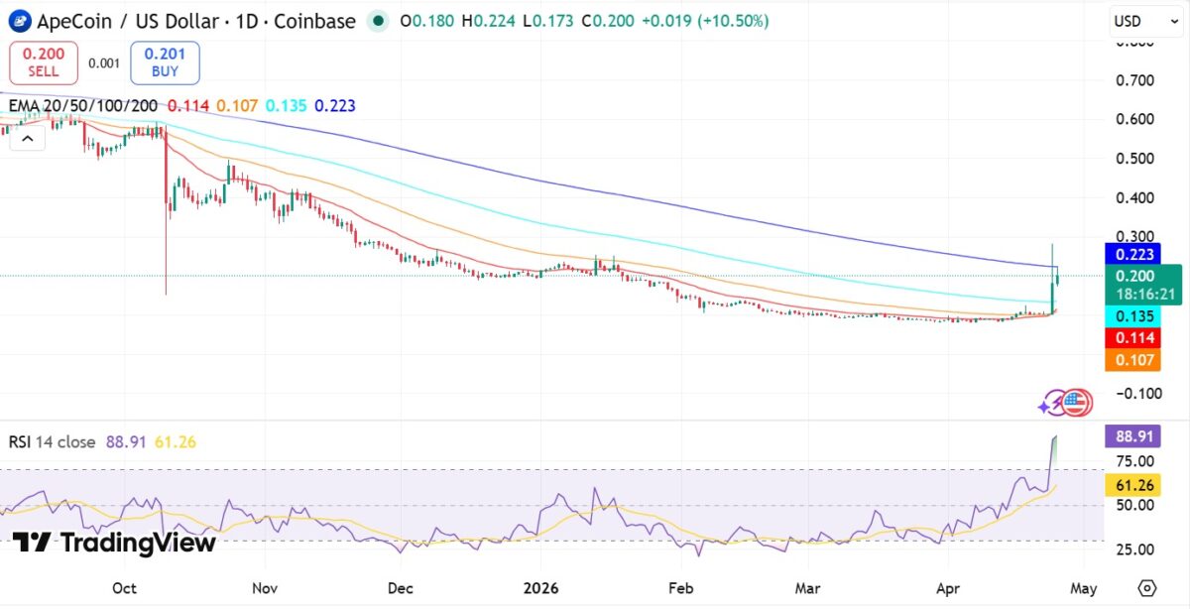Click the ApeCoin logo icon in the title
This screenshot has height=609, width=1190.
pos(19,21)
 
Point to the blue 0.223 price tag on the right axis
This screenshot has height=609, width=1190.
pos(1130,254)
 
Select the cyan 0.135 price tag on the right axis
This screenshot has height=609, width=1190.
pos(1130,316)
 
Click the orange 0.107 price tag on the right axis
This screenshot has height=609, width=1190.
pos(1130,359)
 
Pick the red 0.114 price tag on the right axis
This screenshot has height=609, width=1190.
pos(1130,338)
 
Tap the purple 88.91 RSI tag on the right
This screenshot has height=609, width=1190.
pos(1130,436)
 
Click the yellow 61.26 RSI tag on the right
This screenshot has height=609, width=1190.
pos(1130,484)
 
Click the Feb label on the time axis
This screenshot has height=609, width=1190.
pos(680,588)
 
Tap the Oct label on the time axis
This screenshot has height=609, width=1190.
pos(124,588)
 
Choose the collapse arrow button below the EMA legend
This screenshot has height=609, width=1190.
pos(27,140)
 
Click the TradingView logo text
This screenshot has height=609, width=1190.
pos(114,543)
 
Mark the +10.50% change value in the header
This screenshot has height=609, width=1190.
pos(733,21)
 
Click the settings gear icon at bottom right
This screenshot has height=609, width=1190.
pos(1147,587)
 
